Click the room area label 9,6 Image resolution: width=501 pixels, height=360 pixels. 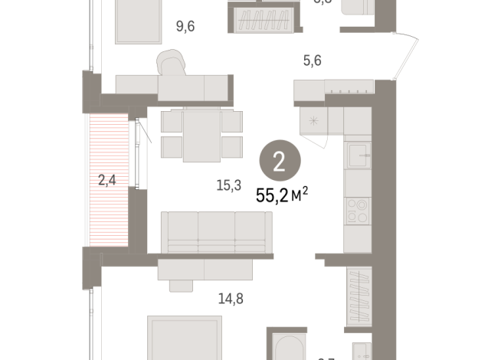[x=185, y=27]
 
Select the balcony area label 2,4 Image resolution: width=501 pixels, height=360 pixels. [x=106, y=181]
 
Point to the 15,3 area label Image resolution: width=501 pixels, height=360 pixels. [x=228, y=185]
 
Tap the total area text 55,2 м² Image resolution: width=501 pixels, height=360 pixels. [x=281, y=198]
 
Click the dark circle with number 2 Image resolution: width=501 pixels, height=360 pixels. [x=280, y=162]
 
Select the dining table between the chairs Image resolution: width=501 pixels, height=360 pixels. [x=201, y=135]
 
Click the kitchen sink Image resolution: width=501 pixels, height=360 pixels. [x=357, y=155]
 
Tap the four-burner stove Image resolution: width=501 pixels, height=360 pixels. [x=357, y=210]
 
